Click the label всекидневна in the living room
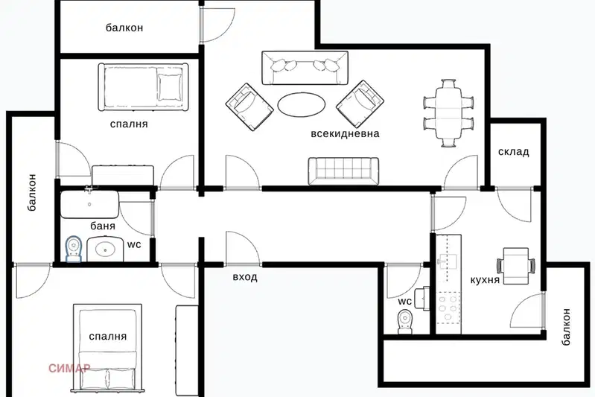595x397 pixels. click(x=345, y=133)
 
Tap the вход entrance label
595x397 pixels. click(x=245, y=276)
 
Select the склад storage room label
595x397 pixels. click(x=513, y=152)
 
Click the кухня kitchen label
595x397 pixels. click(x=485, y=280)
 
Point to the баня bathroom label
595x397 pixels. click(x=103, y=226)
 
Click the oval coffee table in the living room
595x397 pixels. click(x=302, y=104)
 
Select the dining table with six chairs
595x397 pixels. click(x=448, y=112)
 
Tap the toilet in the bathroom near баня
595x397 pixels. click(x=74, y=249)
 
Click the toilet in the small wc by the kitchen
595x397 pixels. click(x=405, y=322)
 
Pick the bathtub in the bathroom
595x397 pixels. click(x=89, y=204)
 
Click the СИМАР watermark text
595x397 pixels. click(x=69, y=368)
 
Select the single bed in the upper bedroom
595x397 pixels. click(x=143, y=87)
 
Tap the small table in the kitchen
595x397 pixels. click(x=516, y=266)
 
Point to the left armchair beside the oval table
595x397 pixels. click(x=249, y=107)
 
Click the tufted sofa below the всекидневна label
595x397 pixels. click(x=343, y=171)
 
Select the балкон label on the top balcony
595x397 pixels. click(x=124, y=28)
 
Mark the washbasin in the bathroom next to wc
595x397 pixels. click(x=105, y=250)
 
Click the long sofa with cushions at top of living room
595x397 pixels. click(x=305, y=68)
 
